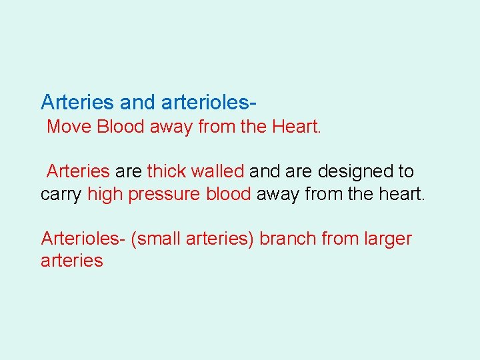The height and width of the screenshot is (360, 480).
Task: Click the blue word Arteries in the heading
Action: pos(77,102)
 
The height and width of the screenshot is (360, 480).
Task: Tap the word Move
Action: pos(69,127)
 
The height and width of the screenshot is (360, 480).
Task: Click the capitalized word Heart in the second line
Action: pos(297,127)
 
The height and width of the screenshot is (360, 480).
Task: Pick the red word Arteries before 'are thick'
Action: pos(78,171)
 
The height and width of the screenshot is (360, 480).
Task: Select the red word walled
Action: pos(218,171)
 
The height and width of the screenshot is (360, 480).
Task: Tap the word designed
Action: pos(356,171)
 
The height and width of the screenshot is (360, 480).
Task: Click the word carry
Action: pos(61,194)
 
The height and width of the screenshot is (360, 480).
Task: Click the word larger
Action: pos(387,239)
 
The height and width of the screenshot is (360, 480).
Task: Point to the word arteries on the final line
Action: pos(72,261)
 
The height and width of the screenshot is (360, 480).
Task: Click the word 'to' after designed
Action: pos(406,171)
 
